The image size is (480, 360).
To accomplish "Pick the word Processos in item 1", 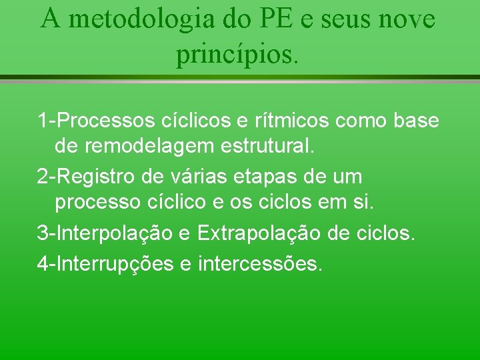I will click(107, 121).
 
